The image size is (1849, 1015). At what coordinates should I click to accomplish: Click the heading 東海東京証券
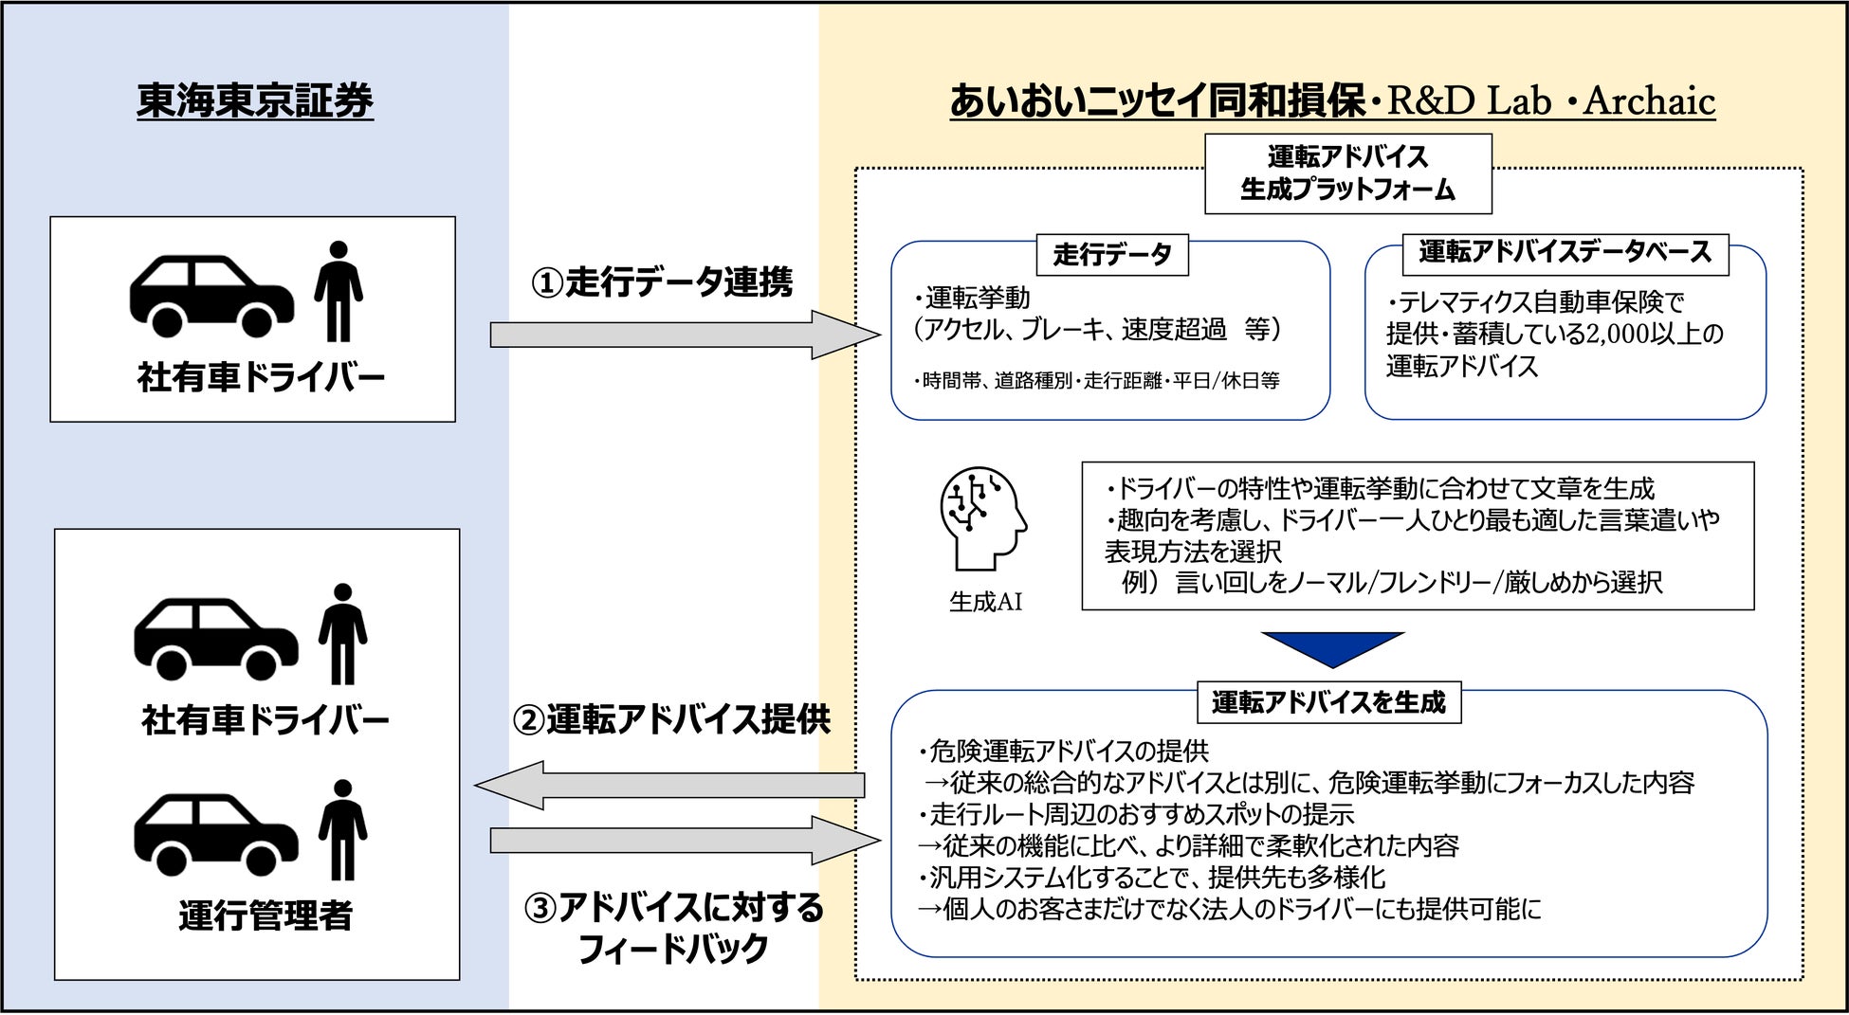(x=255, y=100)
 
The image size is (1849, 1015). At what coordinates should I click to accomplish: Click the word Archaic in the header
(x=1649, y=100)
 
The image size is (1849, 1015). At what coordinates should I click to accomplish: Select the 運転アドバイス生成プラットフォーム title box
(x=1347, y=173)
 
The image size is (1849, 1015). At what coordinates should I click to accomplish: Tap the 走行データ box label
(x=1112, y=254)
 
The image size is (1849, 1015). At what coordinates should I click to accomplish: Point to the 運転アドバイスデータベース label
(x=1565, y=252)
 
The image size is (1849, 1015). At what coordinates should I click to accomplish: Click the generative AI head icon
(x=982, y=517)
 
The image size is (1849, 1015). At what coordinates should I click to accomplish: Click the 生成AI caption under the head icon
(x=985, y=602)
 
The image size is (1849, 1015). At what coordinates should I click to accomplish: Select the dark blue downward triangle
(x=1332, y=648)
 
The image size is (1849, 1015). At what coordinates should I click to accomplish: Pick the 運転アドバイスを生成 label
(x=1328, y=702)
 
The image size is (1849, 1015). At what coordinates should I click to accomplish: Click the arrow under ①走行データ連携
(x=683, y=335)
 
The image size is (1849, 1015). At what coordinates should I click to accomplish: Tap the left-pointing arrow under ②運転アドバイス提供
(x=669, y=785)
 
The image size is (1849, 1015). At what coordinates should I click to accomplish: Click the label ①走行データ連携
(x=661, y=282)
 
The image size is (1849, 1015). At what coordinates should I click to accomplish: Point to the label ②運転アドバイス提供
(x=671, y=719)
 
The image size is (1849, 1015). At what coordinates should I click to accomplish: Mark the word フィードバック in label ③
(x=672, y=949)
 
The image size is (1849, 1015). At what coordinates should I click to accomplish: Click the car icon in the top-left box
(x=211, y=296)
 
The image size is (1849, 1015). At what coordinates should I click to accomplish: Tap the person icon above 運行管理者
(x=342, y=829)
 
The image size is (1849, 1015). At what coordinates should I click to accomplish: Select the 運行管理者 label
(x=265, y=915)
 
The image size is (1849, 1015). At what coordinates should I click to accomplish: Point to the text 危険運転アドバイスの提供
(x=1068, y=752)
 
